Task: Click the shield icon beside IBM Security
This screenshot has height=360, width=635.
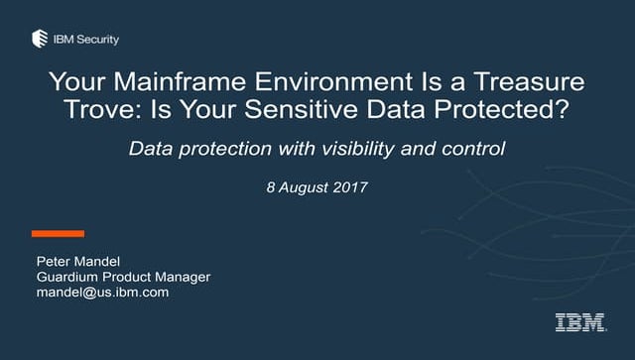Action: (39, 39)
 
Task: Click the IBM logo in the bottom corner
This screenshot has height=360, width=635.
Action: (575, 321)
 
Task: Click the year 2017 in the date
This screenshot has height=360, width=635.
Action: (350, 187)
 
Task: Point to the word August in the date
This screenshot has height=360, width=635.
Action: (304, 187)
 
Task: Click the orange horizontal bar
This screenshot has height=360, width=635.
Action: (58, 234)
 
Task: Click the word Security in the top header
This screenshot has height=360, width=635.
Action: (98, 39)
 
